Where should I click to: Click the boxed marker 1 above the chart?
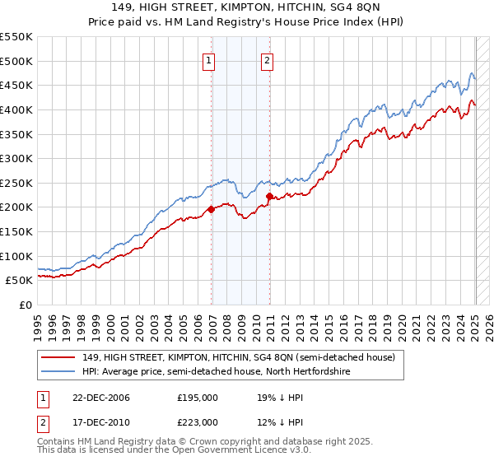click(x=209, y=60)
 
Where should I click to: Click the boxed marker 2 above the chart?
click(x=268, y=60)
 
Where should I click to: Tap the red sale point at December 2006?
click(x=212, y=209)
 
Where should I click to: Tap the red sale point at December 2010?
click(x=270, y=196)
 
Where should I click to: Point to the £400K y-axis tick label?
click(x=16, y=109)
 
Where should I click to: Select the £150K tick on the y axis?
click(x=16, y=231)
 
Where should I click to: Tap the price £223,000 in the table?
click(x=198, y=422)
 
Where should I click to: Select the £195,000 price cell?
click(x=198, y=398)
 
